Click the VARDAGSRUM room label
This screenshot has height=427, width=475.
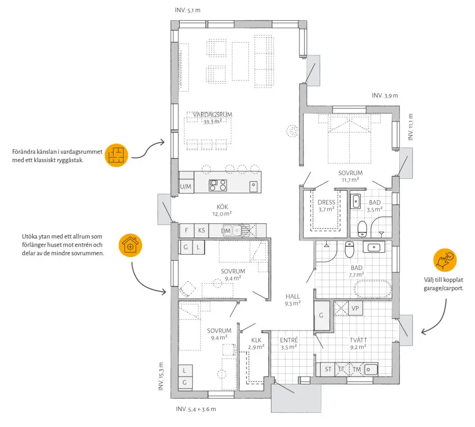[212, 115]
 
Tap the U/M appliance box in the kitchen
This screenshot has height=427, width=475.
[186, 186]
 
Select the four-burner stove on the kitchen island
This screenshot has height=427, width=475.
[218, 185]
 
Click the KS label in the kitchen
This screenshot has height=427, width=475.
[201, 230]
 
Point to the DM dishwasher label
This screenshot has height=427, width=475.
[226, 231]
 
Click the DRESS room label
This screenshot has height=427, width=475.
[326, 202]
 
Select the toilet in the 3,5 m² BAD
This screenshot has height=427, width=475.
[362, 229]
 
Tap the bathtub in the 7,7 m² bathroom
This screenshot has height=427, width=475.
[373, 289]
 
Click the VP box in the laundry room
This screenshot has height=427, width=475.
[355, 308]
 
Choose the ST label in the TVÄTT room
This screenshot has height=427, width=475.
[328, 369]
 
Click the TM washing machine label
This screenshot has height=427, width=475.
[357, 369]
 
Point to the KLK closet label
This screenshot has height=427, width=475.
[256, 340]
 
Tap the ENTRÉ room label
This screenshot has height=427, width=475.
[288, 340]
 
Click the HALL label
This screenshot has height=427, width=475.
[292, 296]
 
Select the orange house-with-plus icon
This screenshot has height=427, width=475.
[130, 246]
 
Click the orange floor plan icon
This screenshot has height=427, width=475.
[116, 155]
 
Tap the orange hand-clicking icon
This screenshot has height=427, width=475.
[445, 260]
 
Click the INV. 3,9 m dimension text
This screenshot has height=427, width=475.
[385, 95]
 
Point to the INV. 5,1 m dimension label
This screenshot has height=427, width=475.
[188, 10]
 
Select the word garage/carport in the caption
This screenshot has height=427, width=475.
[443, 289]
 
